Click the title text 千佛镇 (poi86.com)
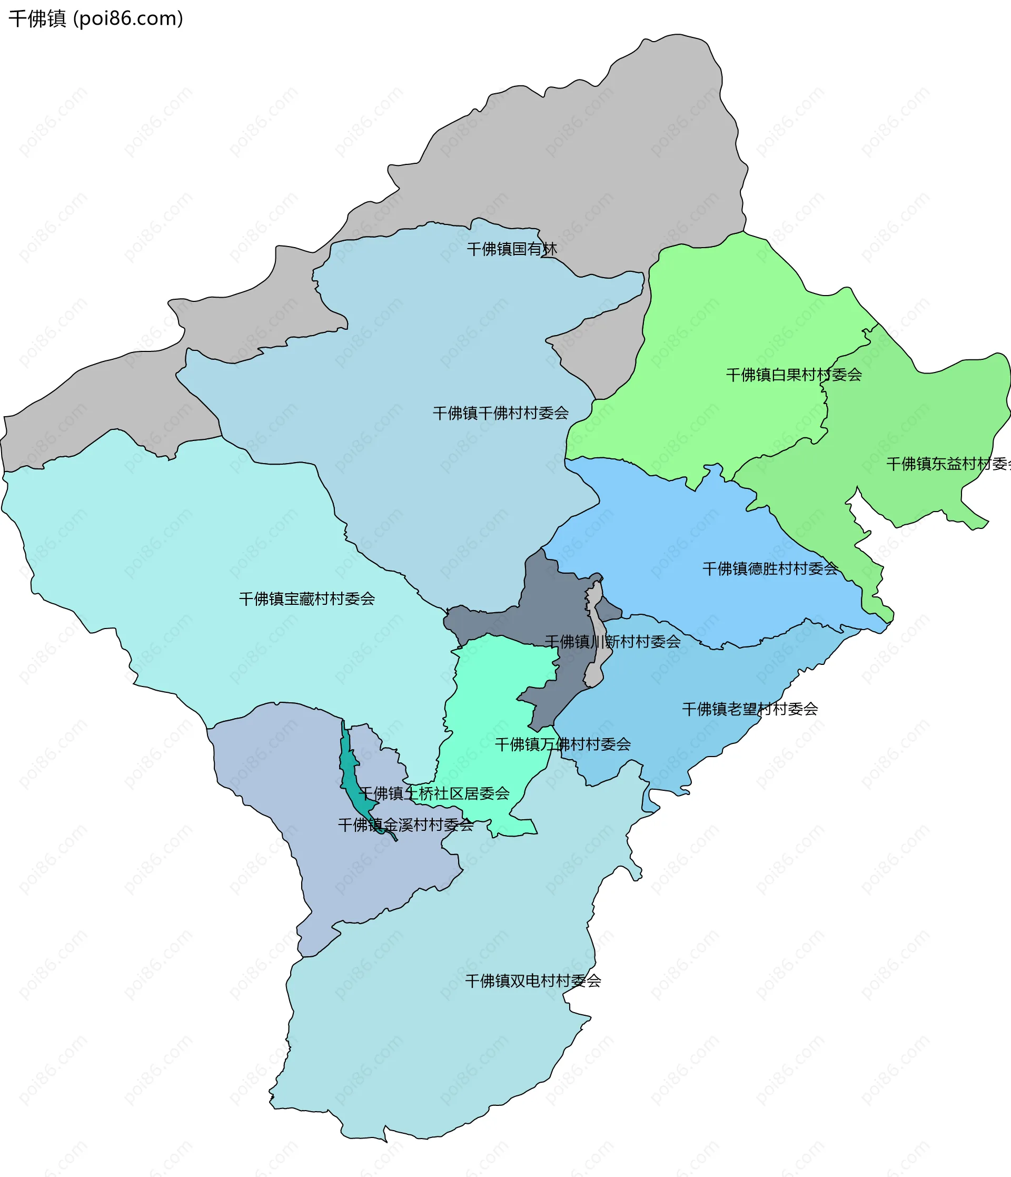pyautogui.click(x=95, y=19)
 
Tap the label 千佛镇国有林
pyautogui.click(x=511, y=249)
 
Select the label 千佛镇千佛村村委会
pyautogui.click(x=500, y=413)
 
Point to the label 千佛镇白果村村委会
pyautogui.click(x=793, y=375)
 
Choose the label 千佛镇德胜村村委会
pyautogui.click(x=770, y=568)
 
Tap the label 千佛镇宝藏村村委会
pyautogui.click(x=306, y=599)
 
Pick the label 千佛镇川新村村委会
pyautogui.click(x=612, y=642)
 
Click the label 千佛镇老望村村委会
pyautogui.click(x=749, y=709)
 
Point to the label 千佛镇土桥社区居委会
pyautogui.click(x=434, y=793)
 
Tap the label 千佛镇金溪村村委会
pyautogui.click(x=405, y=825)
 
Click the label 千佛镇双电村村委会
pyautogui.click(x=532, y=981)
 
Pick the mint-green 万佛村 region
pyautogui.click(x=500, y=693)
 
